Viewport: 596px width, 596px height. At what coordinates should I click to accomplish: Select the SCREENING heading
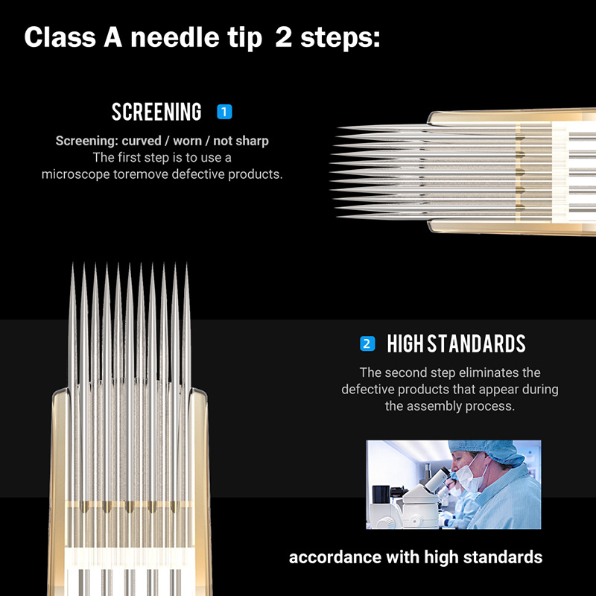156,112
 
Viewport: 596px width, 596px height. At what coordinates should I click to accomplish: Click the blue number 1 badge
224,112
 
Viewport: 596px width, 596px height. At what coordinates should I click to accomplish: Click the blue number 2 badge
367,343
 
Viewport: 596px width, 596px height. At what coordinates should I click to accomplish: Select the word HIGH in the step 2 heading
405,343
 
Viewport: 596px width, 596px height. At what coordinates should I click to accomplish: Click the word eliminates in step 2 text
489,372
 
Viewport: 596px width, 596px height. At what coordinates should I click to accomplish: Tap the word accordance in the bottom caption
330,557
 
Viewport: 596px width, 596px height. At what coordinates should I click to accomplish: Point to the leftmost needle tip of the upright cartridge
73,266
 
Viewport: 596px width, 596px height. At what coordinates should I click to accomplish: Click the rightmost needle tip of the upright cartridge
186,266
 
